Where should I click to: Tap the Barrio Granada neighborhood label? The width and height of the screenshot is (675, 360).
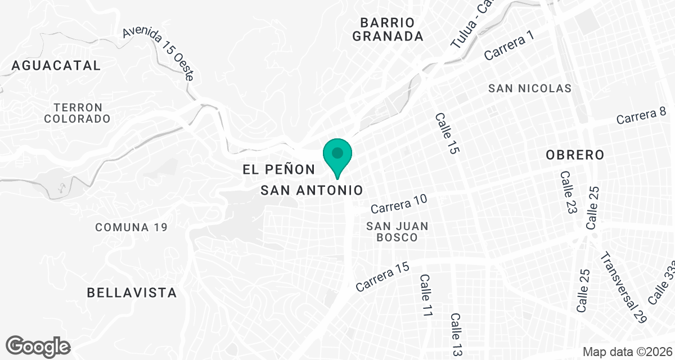click(x=391, y=30)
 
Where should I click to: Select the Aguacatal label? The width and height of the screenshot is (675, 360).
click(x=56, y=65)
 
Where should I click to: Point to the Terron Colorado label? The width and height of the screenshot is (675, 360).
click(x=77, y=113)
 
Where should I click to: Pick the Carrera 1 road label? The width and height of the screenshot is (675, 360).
click(x=508, y=45)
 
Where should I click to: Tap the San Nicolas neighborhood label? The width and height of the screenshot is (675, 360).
click(x=530, y=88)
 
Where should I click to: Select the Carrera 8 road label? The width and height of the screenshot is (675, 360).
click(x=645, y=115)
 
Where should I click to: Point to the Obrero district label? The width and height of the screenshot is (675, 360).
click(x=575, y=155)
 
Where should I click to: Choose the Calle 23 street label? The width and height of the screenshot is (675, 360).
click(x=569, y=192)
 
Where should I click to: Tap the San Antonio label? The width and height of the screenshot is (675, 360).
click(x=311, y=190)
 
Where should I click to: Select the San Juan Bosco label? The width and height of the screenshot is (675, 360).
click(x=397, y=232)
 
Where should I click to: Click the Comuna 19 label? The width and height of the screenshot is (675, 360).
click(x=132, y=227)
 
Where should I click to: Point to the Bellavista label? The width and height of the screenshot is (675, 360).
click(x=132, y=292)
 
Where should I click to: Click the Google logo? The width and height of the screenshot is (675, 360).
click(x=38, y=346)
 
